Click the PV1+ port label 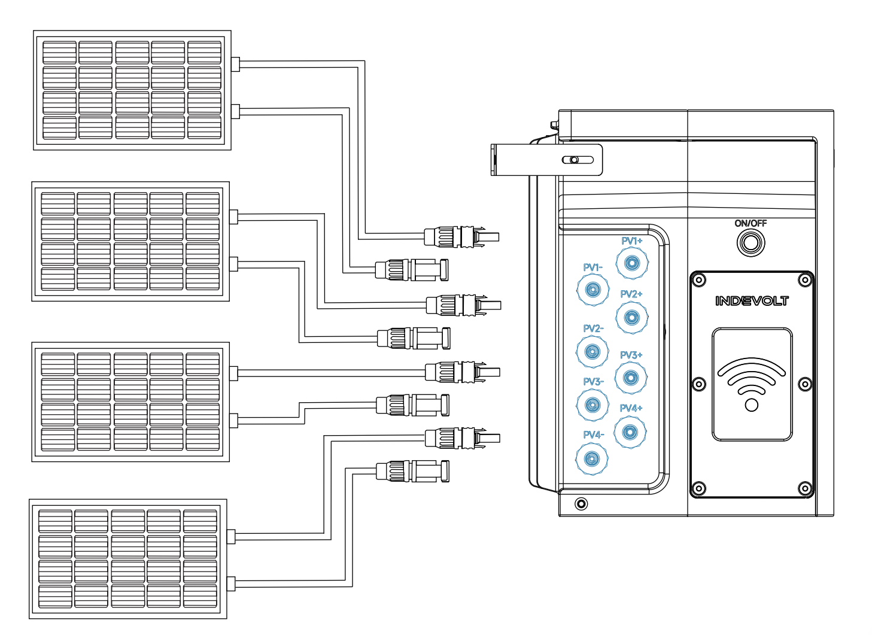[632, 241]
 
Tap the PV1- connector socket [593, 290]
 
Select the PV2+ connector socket [632, 317]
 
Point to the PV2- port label [593, 329]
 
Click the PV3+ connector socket [631, 378]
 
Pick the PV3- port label [593, 382]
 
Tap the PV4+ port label [631, 408]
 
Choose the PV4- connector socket [592, 458]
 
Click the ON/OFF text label [751, 223]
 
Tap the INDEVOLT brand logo [752, 301]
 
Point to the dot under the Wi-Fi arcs [751, 405]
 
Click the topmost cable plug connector [461, 236]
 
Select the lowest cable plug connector [412, 471]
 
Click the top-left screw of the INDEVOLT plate [699, 280]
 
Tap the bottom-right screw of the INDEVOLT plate [804, 488]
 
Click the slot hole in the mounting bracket [578, 160]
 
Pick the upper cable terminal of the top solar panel [235, 64]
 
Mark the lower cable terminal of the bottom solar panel [231, 584]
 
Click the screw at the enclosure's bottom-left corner [581, 504]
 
